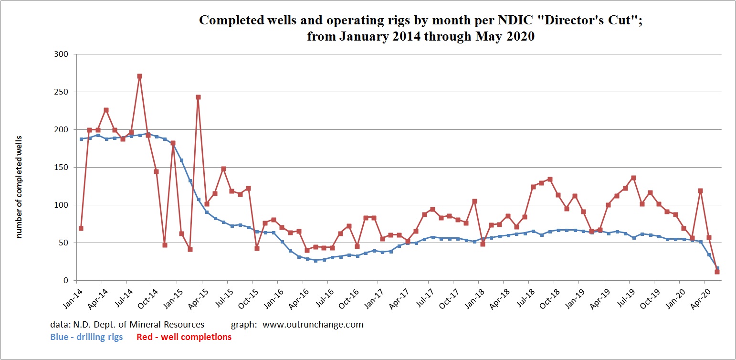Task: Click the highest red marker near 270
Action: (139, 76)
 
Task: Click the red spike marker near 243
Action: (198, 97)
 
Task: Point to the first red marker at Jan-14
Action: (81, 228)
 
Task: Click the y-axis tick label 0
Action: (66, 281)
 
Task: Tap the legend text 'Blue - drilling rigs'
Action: (86, 337)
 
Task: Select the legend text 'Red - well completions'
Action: (184, 337)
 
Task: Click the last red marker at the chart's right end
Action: (717, 272)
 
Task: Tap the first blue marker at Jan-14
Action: (81, 139)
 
